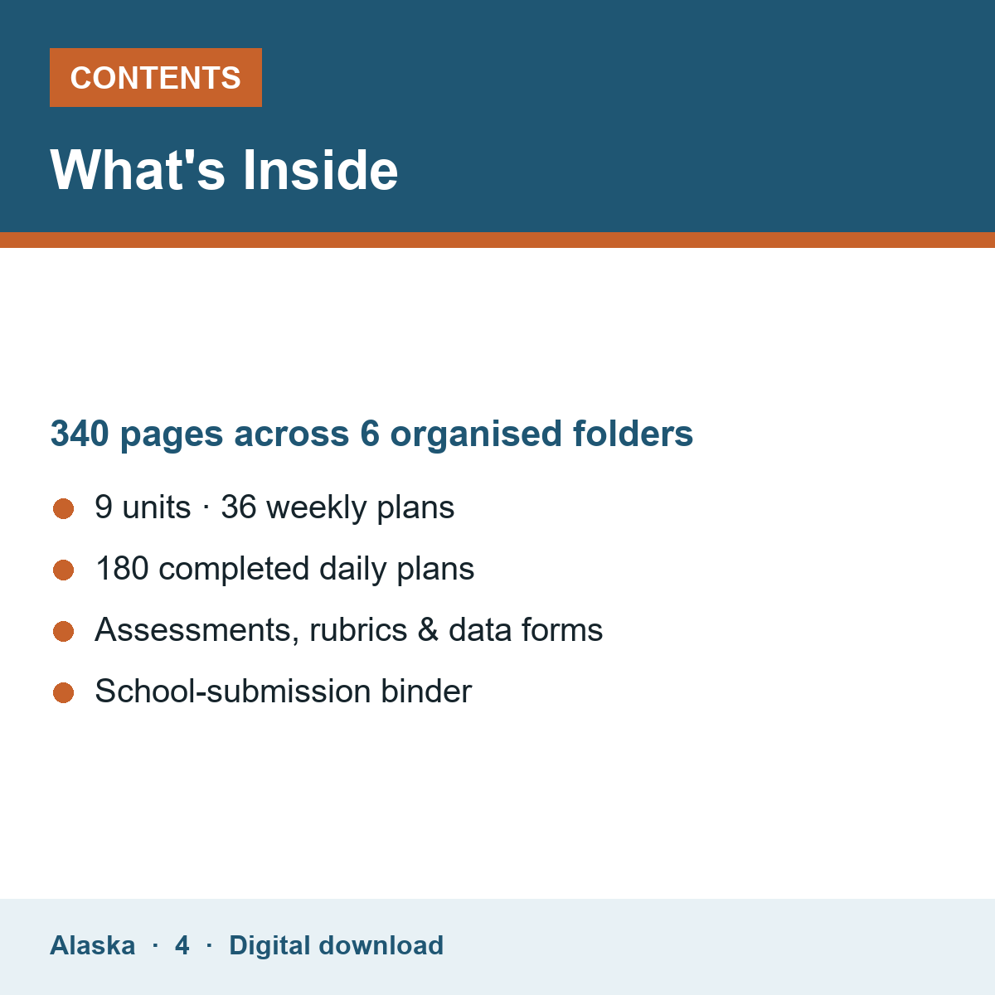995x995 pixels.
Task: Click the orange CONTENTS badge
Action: (x=155, y=77)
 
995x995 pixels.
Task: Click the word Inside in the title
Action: (x=320, y=170)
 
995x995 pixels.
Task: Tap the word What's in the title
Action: (x=138, y=170)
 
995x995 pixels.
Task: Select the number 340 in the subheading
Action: (x=80, y=433)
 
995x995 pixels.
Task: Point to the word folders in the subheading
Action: (x=633, y=433)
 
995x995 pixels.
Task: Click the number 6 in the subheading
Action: (x=370, y=433)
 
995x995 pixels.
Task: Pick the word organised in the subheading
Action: (x=476, y=434)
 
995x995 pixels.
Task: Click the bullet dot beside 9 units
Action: (x=64, y=508)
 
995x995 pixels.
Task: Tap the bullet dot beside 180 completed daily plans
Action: (x=64, y=570)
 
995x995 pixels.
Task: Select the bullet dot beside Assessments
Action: (x=64, y=632)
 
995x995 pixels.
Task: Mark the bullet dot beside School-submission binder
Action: (x=64, y=693)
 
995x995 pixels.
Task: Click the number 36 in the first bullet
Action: (x=239, y=507)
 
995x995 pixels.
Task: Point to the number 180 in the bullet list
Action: (x=123, y=569)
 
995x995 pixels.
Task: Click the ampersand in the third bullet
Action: (x=428, y=630)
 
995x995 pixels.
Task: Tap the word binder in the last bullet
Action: (x=426, y=691)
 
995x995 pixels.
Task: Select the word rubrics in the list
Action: (x=358, y=630)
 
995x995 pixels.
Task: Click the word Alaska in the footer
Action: (x=92, y=945)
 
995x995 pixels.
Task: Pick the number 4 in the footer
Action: (x=182, y=945)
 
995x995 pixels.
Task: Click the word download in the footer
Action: (x=381, y=945)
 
